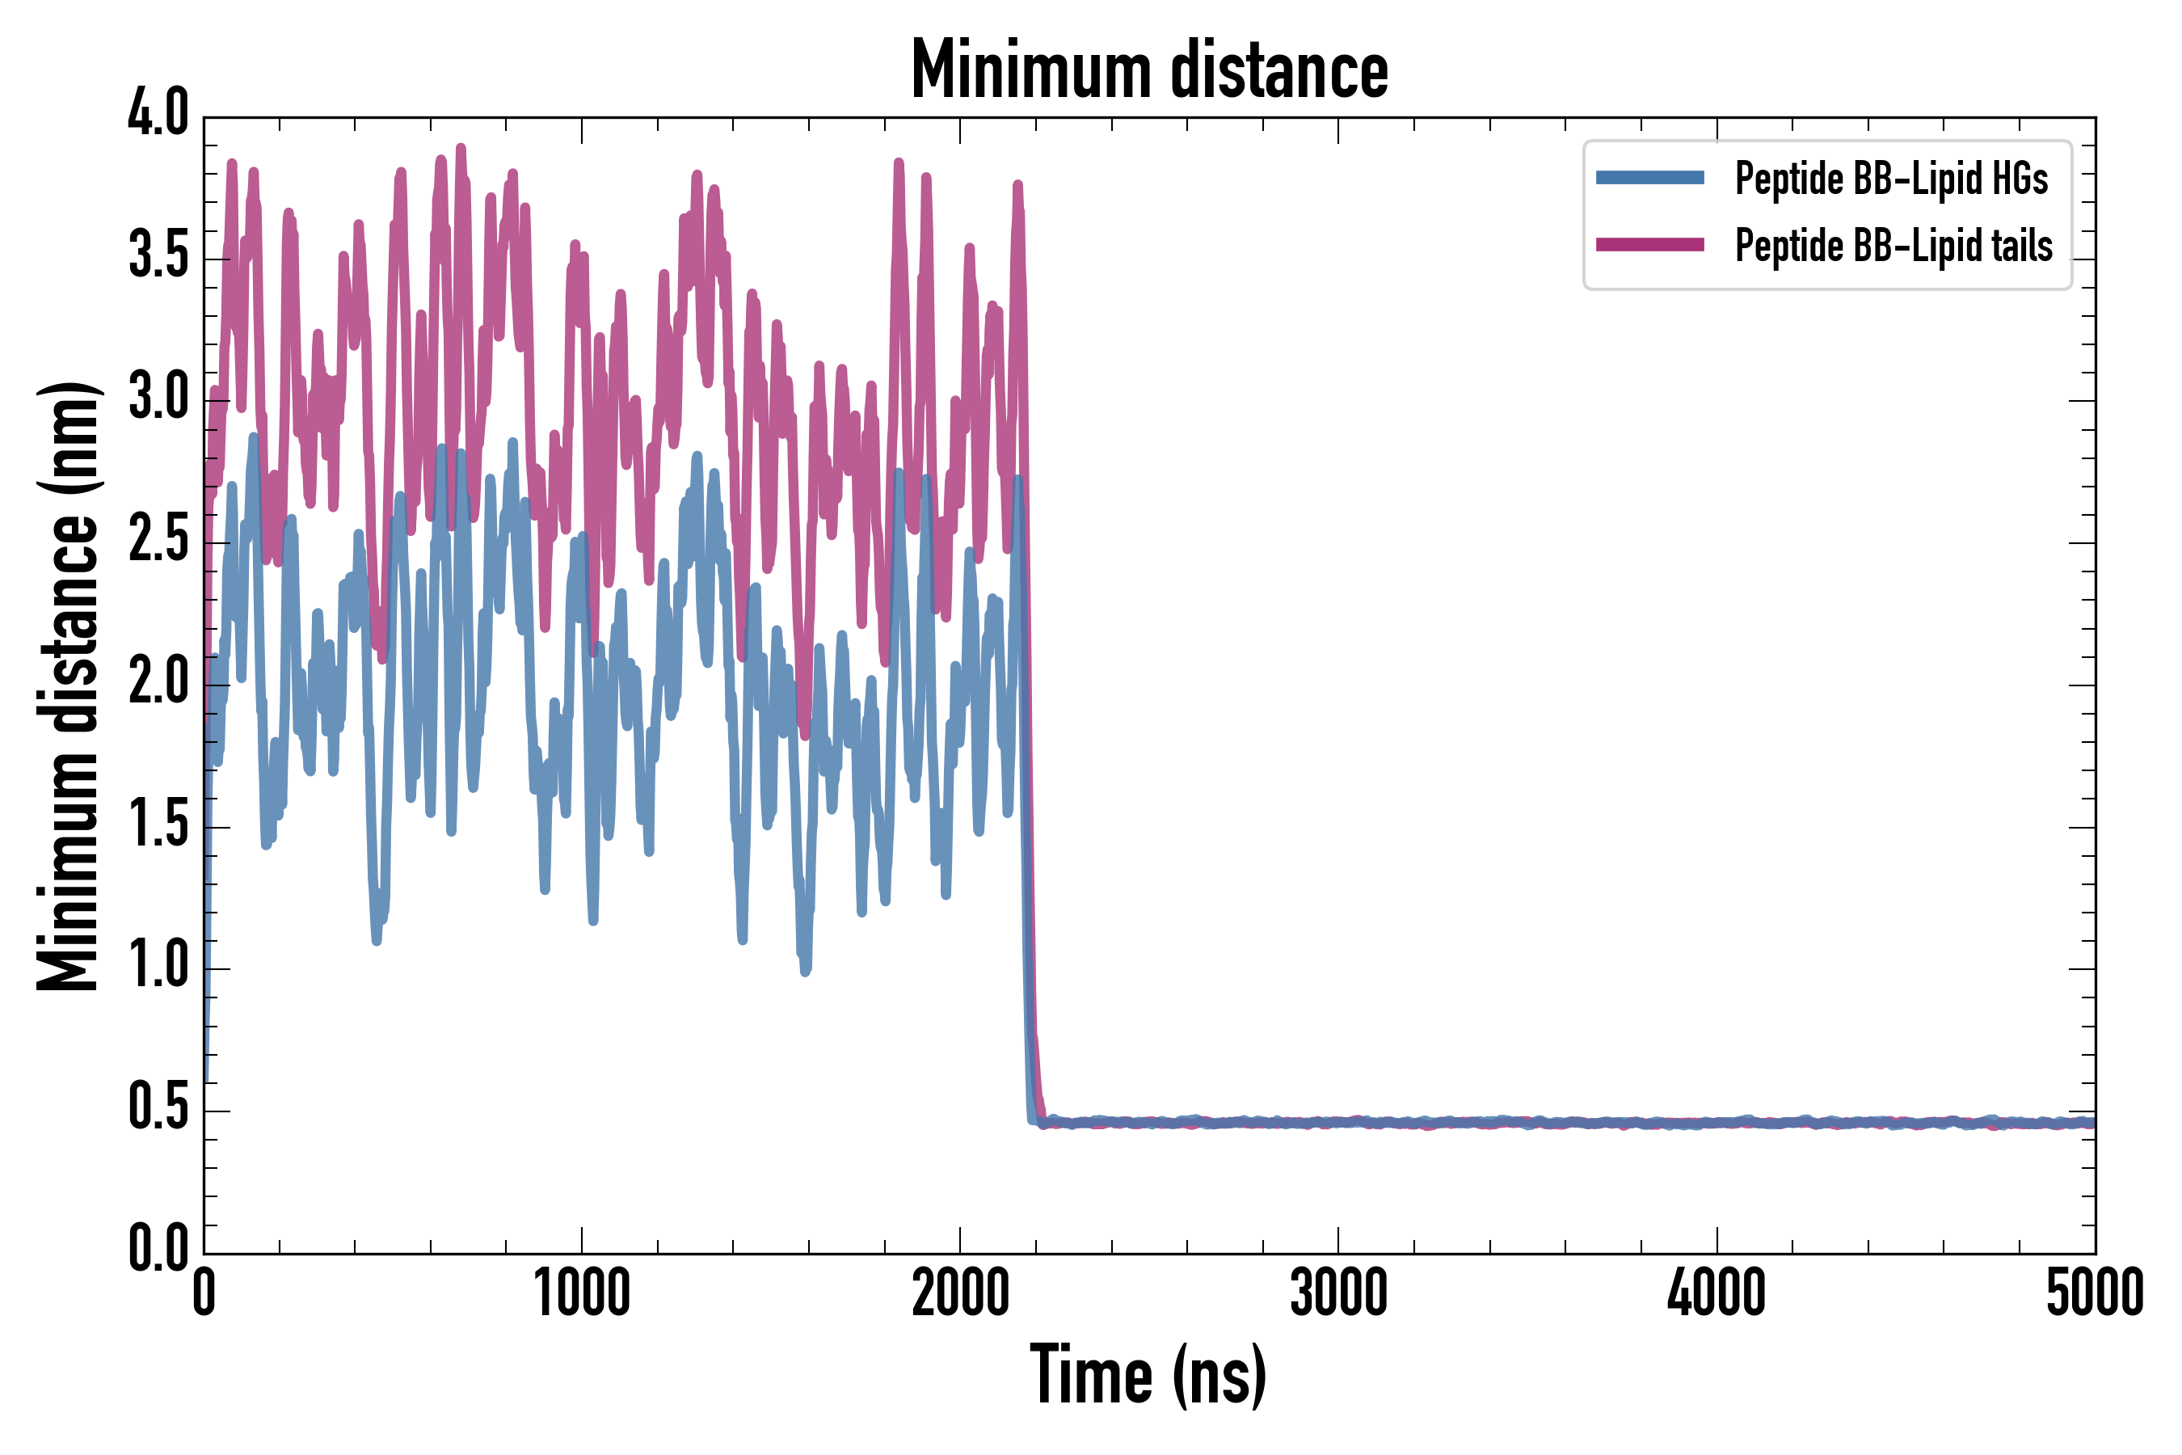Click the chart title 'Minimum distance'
[x=1149, y=70]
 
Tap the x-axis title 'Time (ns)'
[x=1148, y=1374]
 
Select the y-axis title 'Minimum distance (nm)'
[x=68, y=686]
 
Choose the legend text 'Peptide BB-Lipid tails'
[x=1893, y=246]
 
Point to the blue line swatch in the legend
[x=1649, y=178]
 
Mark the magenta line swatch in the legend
[x=1649, y=245]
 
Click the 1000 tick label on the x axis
[x=582, y=1293]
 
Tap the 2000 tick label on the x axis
[x=960, y=1293]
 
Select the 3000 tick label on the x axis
[x=1339, y=1293]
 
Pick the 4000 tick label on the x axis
[x=1717, y=1293]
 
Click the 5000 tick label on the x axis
[x=2095, y=1293]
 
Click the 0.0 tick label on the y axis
[x=158, y=1248]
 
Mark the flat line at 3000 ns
[x=1339, y=1123]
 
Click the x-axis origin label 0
[x=204, y=1293]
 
